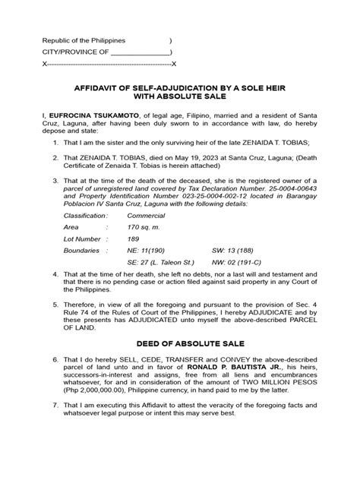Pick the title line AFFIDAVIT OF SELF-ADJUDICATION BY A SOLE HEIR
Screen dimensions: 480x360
coord(180,87)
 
